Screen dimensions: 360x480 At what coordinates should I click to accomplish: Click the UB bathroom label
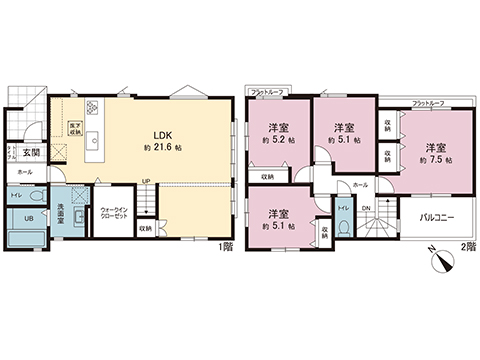(29, 219)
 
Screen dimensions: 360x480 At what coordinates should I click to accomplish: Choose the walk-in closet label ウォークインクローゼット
(113, 214)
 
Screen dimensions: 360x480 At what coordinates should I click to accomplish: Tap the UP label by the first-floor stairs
(146, 181)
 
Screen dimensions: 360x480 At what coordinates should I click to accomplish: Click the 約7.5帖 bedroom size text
(433, 158)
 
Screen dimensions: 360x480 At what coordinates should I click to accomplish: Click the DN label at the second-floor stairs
(365, 207)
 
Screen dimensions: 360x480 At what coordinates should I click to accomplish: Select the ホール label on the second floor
(361, 185)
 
